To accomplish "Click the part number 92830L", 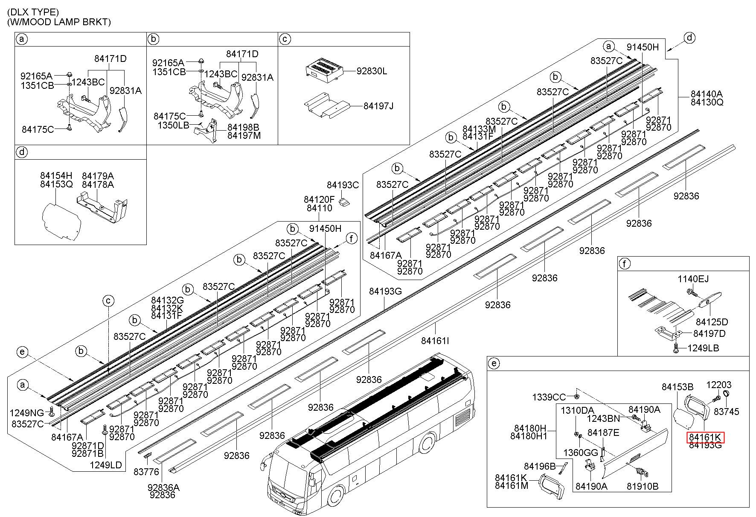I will coord(372,71).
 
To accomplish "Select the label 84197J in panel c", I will coord(378,105).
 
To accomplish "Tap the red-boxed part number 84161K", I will coord(705,437).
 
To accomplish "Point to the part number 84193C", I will coord(343,185).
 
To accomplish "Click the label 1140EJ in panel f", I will coord(693,279).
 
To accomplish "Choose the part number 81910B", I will coord(643,486).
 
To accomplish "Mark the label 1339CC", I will coord(549,397).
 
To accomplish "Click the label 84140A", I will coord(707,94).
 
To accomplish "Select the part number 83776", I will coord(146,472).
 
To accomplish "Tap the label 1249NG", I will coord(27,413).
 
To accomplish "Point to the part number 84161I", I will coord(435,341).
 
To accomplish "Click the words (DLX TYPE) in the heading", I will coord(33,12).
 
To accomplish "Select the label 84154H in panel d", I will coord(56,176).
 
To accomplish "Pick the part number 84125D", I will coord(712,321).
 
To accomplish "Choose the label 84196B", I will coord(540,467).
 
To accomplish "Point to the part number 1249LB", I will coord(703,348).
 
